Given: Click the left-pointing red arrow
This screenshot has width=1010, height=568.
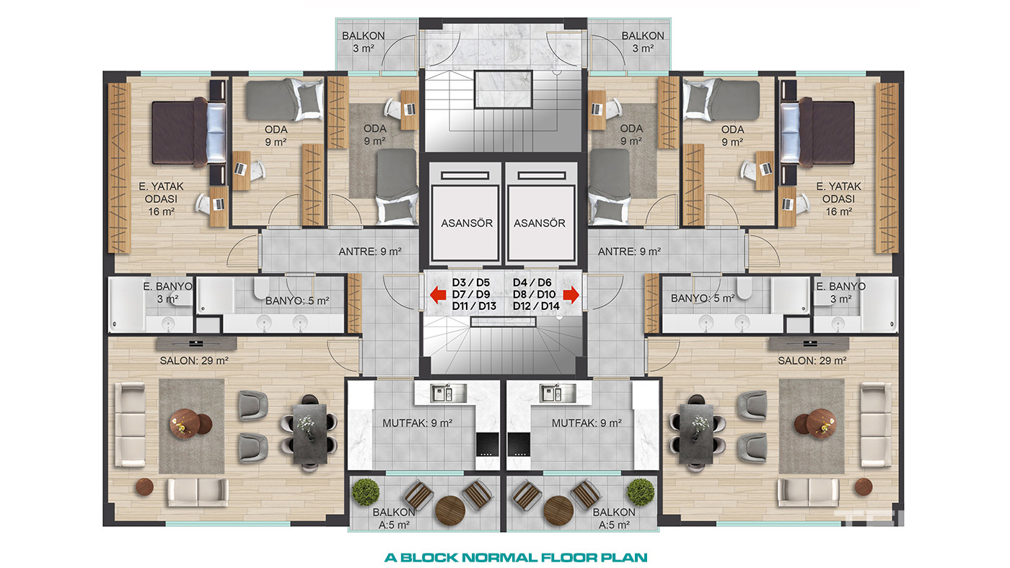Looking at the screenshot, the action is click(x=438, y=295).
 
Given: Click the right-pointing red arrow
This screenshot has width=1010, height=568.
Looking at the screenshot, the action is click(x=571, y=295).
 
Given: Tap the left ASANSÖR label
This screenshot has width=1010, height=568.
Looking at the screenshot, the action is click(x=467, y=223).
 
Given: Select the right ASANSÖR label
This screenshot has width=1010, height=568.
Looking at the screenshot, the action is click(x=540, y=223).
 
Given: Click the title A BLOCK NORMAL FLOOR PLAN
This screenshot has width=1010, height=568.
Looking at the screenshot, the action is click(x=516, y=558).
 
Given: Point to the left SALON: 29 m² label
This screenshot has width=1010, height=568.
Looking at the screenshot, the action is click(x=194, y=361).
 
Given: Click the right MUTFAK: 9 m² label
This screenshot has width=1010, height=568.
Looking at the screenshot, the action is click(x=587, y=423).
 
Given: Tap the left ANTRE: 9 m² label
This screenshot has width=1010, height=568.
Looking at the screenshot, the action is click(x=369, y=252).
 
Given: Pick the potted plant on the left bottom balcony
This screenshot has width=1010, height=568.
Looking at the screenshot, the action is click(x=365, y=492).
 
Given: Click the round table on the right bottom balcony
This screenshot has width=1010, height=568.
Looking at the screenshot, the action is click(x=558, y=510).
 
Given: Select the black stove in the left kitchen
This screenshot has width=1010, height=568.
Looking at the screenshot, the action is click(x=487, y=445).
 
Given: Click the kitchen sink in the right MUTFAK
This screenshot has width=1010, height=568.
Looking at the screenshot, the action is click(x=557, y=394).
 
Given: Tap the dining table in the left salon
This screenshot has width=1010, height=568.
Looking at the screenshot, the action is click(x=309, y=434).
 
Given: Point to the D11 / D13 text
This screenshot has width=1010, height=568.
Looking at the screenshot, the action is click(x=474, y=306).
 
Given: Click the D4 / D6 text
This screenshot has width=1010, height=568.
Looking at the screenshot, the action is click(x=532, y=283).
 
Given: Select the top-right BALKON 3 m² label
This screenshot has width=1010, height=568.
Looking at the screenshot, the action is click(x=643, y=42).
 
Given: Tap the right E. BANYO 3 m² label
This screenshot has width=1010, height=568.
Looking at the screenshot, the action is click(x=840, y=293).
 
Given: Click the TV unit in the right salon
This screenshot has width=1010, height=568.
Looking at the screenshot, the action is click(x=809, y=344).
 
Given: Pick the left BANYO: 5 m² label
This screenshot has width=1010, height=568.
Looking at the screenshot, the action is click(x=297, y=301).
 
